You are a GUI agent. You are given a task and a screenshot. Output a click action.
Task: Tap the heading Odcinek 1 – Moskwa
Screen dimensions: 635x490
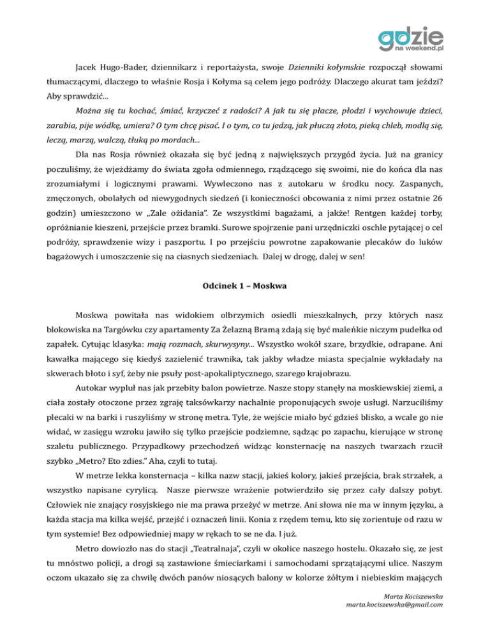(245, 285)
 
